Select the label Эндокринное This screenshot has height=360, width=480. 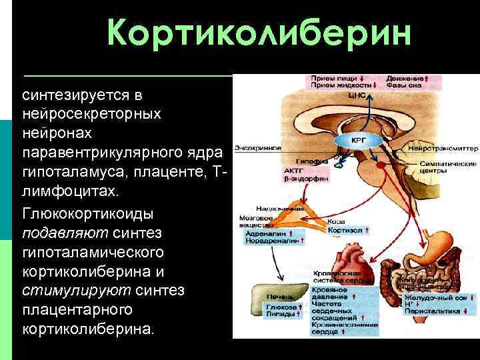click(x=257, y=147)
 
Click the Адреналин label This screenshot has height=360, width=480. click(x=265, y=234)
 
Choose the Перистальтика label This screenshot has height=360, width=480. click(x=433, y=311)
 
